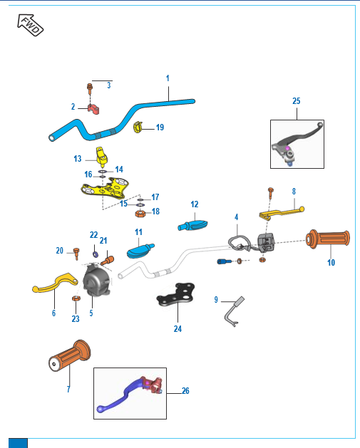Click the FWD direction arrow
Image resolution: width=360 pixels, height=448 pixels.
click(x=30, y=25)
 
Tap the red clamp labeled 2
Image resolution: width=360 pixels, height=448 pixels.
click(x=93, y=109)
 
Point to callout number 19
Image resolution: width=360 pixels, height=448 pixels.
click(x=160, y=127)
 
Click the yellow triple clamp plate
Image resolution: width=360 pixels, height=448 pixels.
click(x=106, y=188)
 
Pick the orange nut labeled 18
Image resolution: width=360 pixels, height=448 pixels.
click(x=140, y=213)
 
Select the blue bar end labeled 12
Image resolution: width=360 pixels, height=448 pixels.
click(x=192, y=225)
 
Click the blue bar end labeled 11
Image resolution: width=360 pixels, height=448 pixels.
click(x=140, y=251)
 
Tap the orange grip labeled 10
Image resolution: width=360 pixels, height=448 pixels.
click(x=328, y=238)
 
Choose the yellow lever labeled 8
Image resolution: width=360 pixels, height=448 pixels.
click(x=282, y=212)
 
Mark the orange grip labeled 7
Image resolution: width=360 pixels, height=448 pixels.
click(x=69, y=355)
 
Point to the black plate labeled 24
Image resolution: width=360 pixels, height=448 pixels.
click(x=176, y=295)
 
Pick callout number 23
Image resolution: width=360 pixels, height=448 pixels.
click(x=76, y=318)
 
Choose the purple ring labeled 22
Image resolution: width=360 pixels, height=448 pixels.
click(x=96, y=254)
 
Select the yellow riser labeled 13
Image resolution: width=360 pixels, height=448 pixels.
click(x=102, y=157)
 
